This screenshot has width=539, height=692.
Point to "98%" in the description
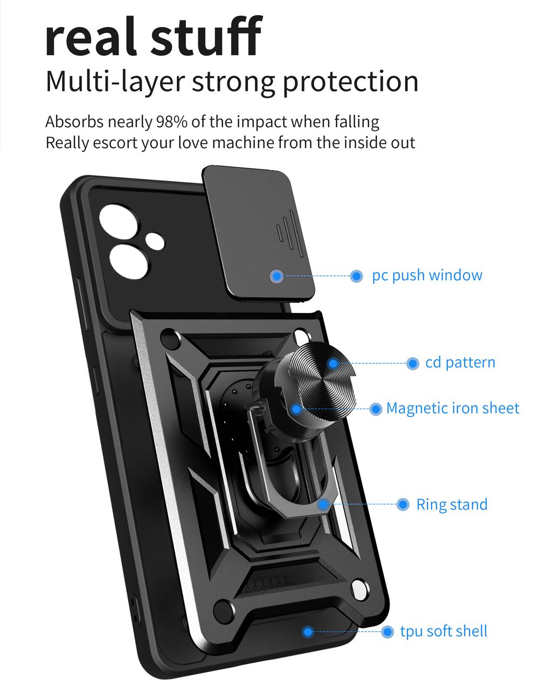point(171,122)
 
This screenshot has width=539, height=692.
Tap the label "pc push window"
point(427,275)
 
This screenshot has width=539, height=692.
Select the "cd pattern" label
point(460,362)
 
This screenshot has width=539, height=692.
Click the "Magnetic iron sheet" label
point(452,408)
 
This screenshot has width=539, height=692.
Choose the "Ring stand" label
point(451,504)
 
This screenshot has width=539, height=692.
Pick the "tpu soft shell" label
point(443,631)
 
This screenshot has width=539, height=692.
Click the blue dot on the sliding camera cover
point(277,276)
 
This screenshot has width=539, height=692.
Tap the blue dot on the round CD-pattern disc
point(333,364)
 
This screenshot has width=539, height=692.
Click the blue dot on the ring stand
point(323,504)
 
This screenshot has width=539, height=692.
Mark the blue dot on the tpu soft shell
point(308,632)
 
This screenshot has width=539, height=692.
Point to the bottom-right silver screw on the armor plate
point(357,589)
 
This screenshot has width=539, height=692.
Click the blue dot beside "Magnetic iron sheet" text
point(376,409)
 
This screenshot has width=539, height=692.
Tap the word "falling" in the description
point(356,122)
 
